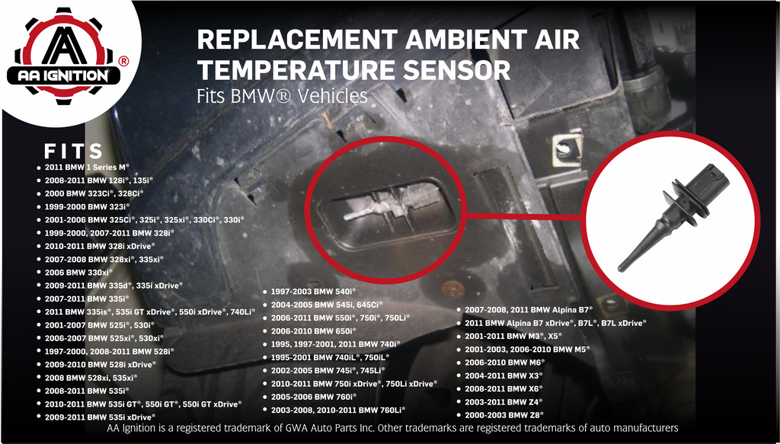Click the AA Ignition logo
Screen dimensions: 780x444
click(x=68, y=56)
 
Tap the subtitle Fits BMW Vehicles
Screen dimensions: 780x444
click(x=282, y=96)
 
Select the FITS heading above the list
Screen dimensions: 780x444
click(x=74, y=151)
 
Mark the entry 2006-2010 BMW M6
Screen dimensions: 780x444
click(x=505, y=363)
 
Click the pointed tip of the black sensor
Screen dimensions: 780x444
click(x=620, y=270)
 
